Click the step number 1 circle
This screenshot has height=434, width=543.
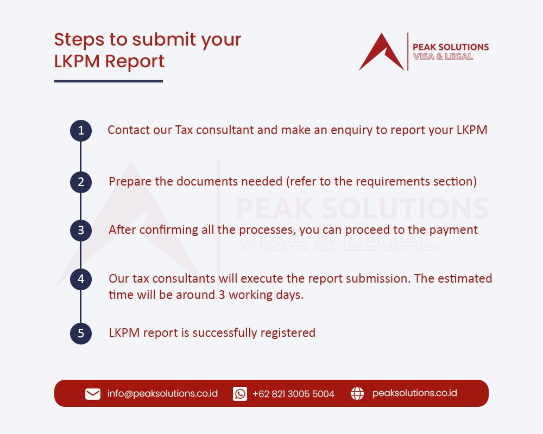click(81, 131)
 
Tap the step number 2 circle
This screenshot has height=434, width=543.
click(81, 182)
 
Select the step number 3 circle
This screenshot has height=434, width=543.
click(81, 230)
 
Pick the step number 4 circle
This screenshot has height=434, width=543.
click(81, 279)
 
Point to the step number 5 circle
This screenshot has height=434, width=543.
click(81, 333)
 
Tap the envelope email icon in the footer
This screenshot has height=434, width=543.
click(93, 394)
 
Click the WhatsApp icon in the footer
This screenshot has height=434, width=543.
click(240, 394)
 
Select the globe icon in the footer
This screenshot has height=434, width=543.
click(357, 394)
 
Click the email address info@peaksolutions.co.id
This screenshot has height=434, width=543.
click(162, 394)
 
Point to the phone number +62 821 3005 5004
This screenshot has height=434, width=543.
click(293, 394)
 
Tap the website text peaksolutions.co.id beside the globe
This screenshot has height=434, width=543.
click(414, 393)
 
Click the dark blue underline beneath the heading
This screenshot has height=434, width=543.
click(109, 81)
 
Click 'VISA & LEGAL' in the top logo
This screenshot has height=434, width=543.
click(443, 56)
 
